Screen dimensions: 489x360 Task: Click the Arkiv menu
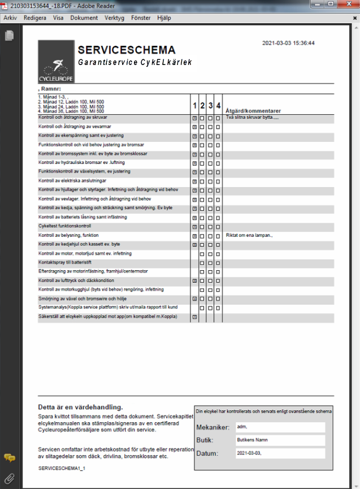click(10, 18)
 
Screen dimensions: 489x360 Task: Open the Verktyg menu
click(114, 18)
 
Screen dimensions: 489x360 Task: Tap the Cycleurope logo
click(56, 62)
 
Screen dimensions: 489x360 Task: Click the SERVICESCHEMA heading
click(127, 50)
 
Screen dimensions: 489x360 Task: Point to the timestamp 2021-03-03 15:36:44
click(289, 43)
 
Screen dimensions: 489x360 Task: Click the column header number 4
click(218, 106)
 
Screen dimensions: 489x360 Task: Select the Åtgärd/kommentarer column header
click(253, 111)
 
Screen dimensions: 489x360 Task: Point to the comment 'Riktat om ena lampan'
click(249, 235)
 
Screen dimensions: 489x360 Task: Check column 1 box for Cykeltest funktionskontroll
click(194, 226)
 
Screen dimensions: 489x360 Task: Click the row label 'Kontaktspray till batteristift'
click(71, 262)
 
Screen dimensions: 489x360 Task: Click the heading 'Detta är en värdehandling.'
click(80, 407)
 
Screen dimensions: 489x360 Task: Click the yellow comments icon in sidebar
click(9, 458)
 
